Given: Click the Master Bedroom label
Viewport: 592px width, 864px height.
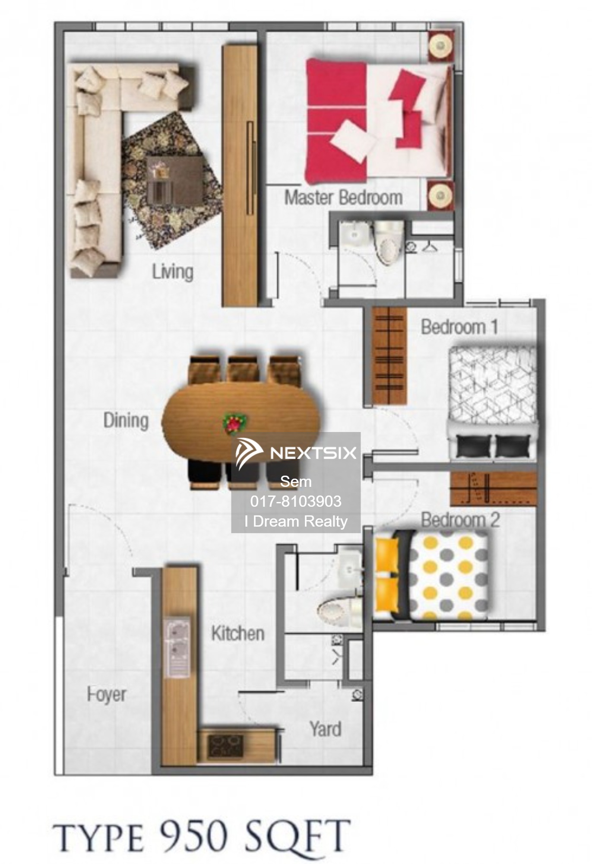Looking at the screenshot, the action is coord(343,197).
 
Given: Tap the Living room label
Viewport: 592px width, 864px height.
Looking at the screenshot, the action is coord(172,272).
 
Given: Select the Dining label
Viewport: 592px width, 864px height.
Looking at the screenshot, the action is coord(126,420).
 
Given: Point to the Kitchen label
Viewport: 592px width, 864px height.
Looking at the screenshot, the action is coord(238,633).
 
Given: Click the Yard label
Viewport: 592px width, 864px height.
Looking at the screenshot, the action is coord(326,729).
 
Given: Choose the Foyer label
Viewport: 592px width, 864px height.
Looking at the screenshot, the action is coord(107,695).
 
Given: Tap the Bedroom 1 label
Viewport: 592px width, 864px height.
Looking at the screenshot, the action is coord(459,327).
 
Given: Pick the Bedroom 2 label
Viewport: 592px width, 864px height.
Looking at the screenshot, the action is coord(460,520).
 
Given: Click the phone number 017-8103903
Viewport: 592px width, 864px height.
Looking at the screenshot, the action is coord(296,501).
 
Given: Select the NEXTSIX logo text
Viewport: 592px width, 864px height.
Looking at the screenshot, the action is coord(313,453).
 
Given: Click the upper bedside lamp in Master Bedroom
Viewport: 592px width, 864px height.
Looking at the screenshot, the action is coord(440,45).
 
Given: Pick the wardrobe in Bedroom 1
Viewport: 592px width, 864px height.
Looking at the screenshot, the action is coord(389,356).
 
